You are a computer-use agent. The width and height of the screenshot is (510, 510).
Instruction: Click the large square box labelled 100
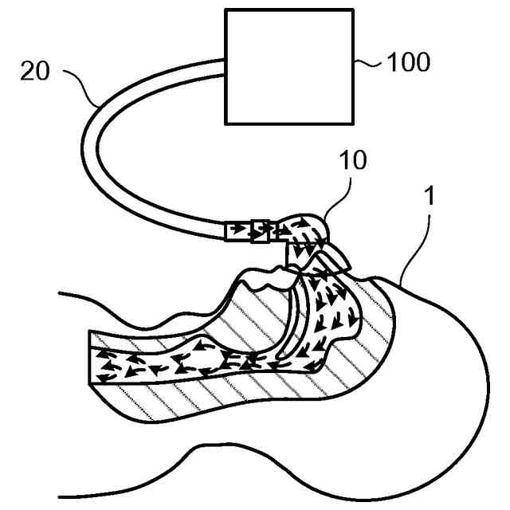(289, 66)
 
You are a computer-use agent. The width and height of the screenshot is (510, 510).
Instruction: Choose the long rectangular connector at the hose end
(236, 231)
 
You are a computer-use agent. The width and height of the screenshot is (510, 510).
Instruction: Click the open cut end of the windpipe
(89, 363)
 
